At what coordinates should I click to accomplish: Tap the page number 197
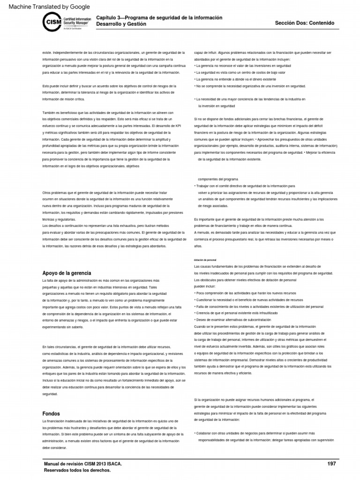[331, 464]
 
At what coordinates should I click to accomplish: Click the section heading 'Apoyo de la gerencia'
[67, 273]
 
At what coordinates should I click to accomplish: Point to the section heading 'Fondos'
[51, 414]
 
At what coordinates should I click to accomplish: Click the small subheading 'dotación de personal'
[205, 260]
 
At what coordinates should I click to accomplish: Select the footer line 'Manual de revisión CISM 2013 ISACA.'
[83, 464]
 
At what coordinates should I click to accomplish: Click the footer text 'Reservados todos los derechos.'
[77, 470]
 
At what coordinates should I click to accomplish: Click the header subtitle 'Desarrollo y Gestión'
[121, 24]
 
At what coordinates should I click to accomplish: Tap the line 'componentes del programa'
[218, 180]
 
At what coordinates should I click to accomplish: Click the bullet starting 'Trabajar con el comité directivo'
[244, 186]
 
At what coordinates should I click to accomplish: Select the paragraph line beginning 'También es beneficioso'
[108, 113]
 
